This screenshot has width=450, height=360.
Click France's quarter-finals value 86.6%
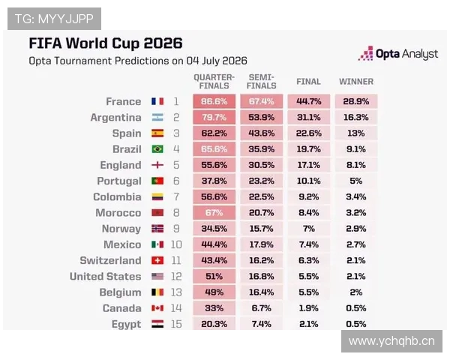coord(214,101)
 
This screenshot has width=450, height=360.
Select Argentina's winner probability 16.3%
coord(355,118)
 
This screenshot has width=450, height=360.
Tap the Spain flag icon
coord(157,133)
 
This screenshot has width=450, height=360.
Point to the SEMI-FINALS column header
coord(262,82)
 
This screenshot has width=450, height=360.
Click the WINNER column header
coord(356,82)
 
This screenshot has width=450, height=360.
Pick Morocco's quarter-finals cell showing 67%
coord(214,213)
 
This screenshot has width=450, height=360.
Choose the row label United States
coord(105,277)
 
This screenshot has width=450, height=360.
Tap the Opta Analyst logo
coord(398,54)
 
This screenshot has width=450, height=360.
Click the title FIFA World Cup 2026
coord(106,43)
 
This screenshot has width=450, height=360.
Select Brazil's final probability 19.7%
coord(309,149)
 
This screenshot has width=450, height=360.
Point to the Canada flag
coord(157,308)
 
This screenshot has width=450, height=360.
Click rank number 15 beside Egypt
coord(176,324)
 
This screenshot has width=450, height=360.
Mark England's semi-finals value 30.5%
coord(262,165)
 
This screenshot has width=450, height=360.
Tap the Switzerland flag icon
coord(157,260)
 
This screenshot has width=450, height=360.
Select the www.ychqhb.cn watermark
coord(391,341)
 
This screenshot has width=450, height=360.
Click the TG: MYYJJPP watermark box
coord(54,19)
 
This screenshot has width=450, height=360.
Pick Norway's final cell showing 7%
coord(309,229)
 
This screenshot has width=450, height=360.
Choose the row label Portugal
coord(119,181)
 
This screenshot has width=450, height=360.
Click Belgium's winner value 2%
coord(355,292)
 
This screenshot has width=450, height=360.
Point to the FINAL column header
coord(308,82)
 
